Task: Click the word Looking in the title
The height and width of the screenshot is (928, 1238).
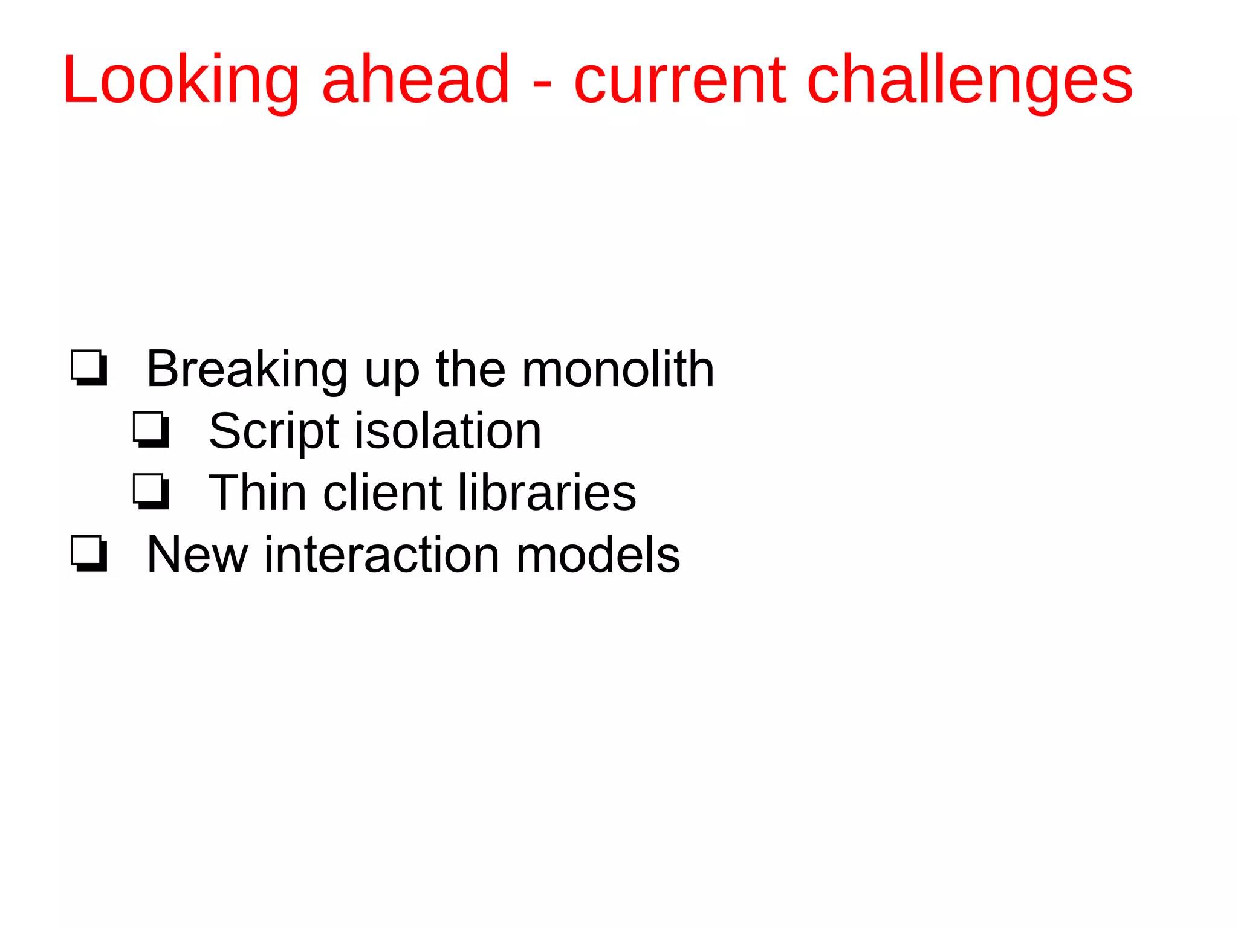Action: [x=180, y=82]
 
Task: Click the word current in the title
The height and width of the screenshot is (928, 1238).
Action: [x=680, y=82]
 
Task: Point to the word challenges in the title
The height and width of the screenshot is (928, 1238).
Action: [x=970, y=82]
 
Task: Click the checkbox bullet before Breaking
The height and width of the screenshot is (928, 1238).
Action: [x=89, y=367]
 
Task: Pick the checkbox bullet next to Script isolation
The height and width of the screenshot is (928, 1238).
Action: [x=151, y=430]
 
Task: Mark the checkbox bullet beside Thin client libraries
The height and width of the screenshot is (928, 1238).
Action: [x=151, y=491]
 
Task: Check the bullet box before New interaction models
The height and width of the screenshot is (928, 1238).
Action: [x=89, y=553]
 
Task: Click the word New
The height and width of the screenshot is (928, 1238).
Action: [x=197, y=554]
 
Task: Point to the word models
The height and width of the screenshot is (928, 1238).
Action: [x=598, y=554]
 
